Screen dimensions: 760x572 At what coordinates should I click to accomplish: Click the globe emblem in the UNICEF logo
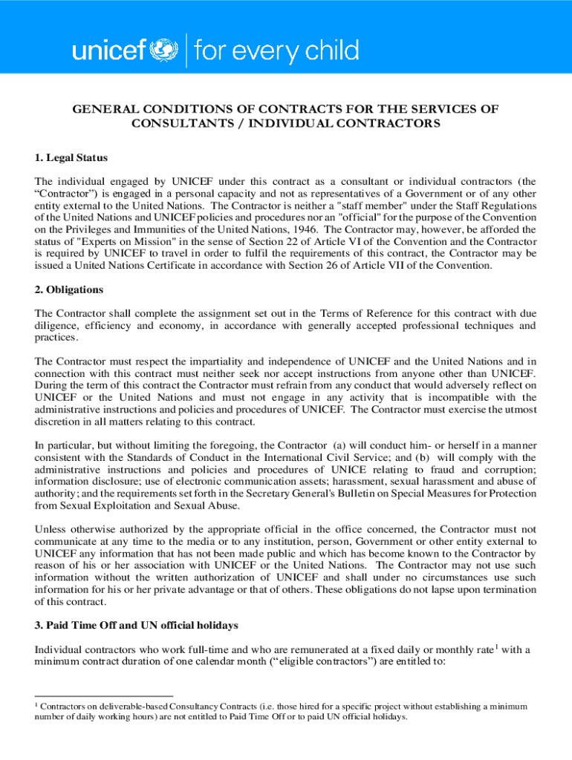tap(165, 51)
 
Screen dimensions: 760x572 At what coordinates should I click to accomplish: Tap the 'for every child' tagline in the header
tap(276, 51)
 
